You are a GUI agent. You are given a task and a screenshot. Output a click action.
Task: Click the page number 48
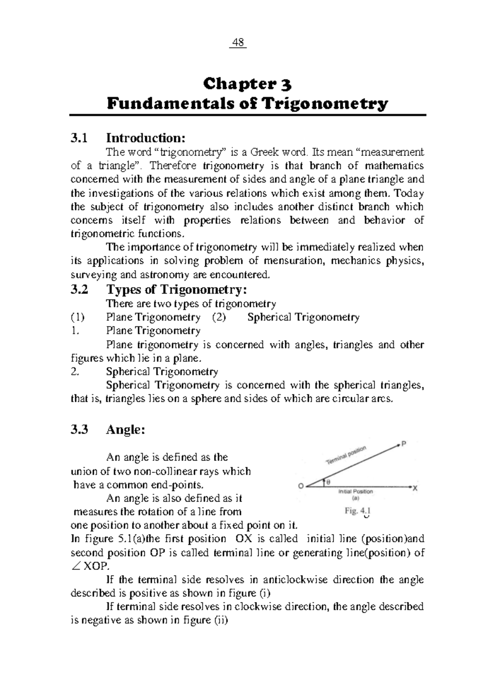pos(238,42)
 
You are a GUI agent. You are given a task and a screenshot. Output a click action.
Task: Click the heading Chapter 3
pos(247,84)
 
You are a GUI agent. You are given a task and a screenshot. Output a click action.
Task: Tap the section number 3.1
pos(79,138)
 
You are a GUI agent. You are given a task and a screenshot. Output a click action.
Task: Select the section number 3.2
pos(79,290)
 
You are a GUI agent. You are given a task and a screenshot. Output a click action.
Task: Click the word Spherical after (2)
pos(269,317)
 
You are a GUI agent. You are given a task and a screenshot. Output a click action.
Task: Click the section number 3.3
pos(79,430)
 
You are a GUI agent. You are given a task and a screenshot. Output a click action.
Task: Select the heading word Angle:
pos(126,430)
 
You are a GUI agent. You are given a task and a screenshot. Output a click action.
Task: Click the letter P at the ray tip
pos(404,444)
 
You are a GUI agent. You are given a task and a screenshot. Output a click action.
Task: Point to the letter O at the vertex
pos(301,486)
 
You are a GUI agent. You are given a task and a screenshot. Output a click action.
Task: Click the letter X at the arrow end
pos(415,488)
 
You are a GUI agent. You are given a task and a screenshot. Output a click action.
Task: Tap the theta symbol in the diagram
pos(328,481)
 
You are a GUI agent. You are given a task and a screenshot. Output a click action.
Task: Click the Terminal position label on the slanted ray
pos(346,455)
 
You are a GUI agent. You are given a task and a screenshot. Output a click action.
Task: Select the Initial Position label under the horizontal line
pos(355,491)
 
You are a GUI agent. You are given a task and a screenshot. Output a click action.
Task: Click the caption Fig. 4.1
pos(358,511)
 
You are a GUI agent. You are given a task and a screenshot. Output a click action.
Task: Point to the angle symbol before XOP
pos(76,566)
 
